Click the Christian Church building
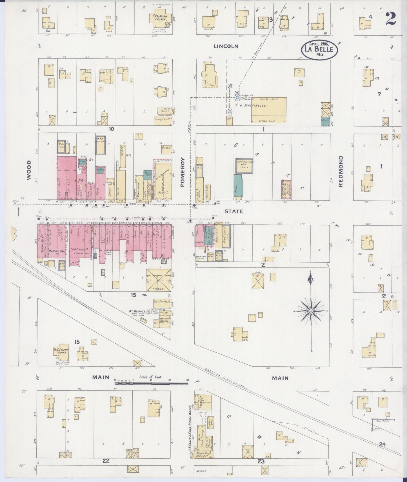160,19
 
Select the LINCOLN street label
226,46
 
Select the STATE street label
233,211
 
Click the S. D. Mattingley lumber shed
268,110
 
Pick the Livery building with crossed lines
158,280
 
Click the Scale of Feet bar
152,383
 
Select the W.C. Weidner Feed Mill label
141,312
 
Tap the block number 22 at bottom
106,461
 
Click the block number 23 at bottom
261,461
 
